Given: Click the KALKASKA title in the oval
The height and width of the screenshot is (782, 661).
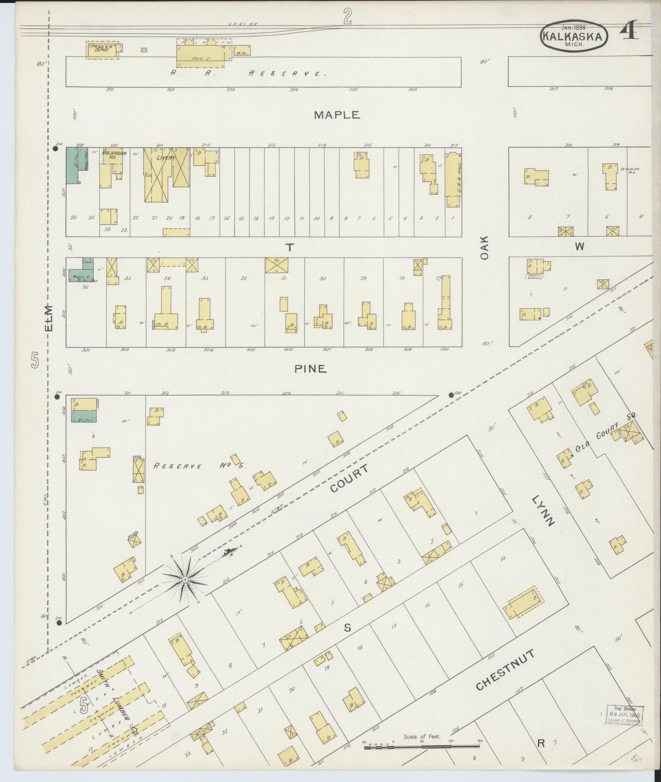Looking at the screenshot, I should (574, 36).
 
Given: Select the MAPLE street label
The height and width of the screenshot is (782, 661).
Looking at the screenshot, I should (337, 115).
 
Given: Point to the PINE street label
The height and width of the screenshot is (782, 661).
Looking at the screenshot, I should (310, 369).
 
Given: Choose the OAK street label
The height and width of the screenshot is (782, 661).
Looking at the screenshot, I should (485, 248).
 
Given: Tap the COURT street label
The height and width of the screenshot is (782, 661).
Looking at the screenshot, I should (349, 479).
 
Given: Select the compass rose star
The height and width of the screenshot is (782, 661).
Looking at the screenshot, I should (185, 580).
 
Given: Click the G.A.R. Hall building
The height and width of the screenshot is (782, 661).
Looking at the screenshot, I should (453, 179).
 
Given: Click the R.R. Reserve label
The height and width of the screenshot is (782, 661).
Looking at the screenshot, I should (247, 73).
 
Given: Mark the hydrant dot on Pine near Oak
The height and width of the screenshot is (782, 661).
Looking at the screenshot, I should (451, 395).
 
